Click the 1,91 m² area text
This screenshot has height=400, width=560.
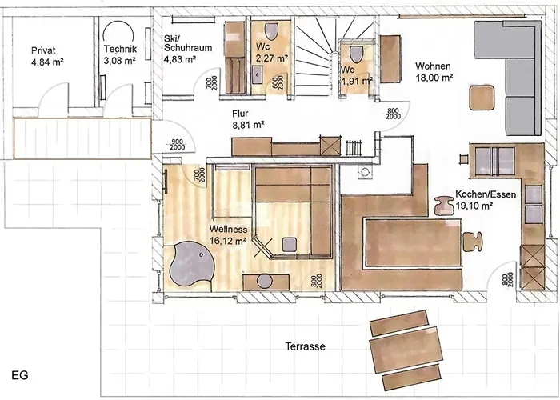[x=357, y=80]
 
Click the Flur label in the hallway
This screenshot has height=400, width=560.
[x=242, y=114]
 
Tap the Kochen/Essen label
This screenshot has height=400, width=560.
[x=485, y=194]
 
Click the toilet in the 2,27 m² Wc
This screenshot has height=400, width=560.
[x=273, y=33]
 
